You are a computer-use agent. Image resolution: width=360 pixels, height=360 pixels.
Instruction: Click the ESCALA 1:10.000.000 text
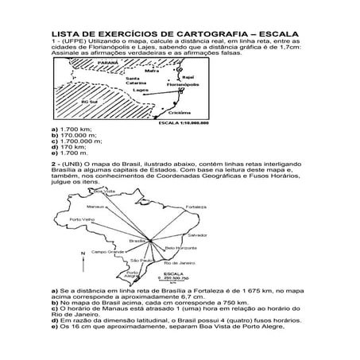pyautogui.click(x=188, y=123)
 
